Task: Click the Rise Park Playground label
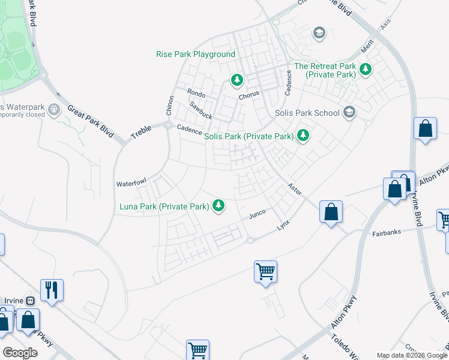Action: click(x=196, y=54)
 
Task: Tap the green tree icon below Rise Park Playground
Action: click(x=237, y=80)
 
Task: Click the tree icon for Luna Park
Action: click(x=219, y=206)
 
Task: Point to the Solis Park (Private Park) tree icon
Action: click(x=304, y=136)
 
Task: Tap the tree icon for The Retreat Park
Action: click(x=365, y=70)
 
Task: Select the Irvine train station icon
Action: click(x=30, y=301)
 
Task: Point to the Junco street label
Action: click(x=257, y=214)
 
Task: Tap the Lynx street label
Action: click(x=283, y=226)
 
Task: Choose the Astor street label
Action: click(x=294, y=188)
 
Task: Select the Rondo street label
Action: click(x=196, y=94)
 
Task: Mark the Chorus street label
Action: click(x=249, y=95)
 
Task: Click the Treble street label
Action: click(x=141, y=132)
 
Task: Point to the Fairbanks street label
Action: click(x=386, y=232)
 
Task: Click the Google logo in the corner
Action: click(x=20, y=352)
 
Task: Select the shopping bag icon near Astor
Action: click(x=331, y=212)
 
